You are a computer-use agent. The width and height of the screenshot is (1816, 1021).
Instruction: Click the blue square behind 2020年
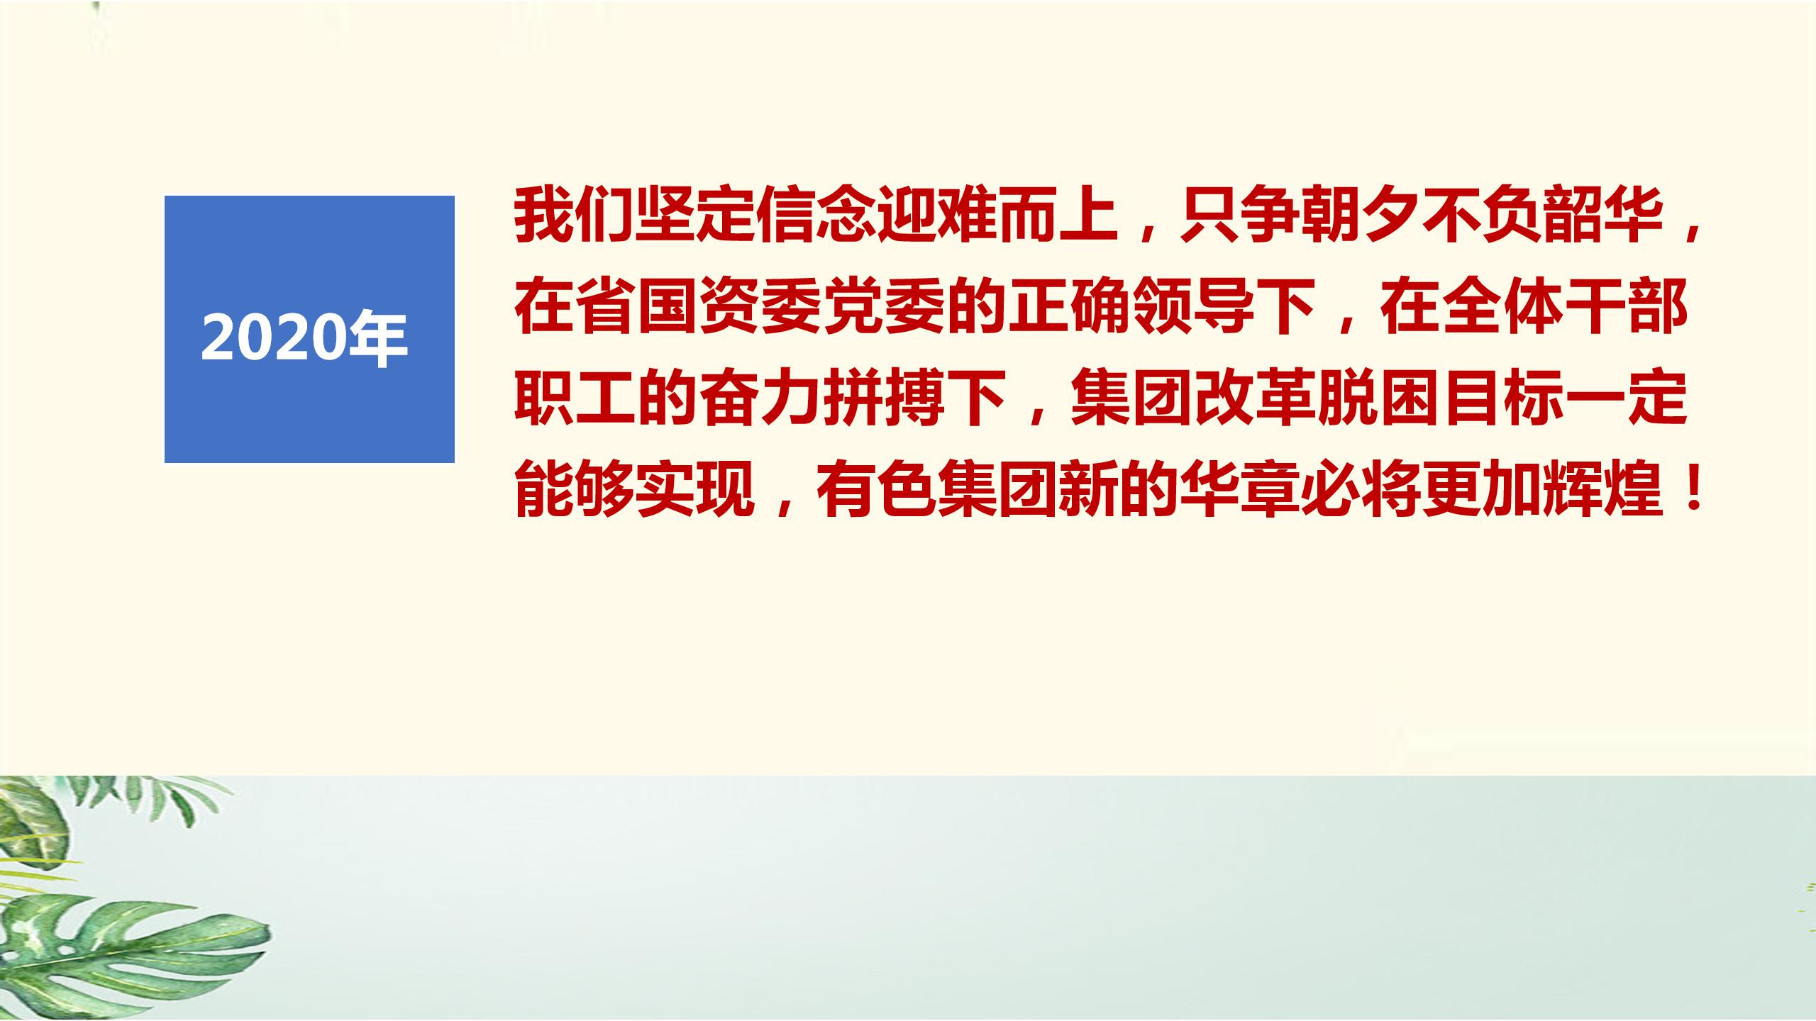pos(309,329)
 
